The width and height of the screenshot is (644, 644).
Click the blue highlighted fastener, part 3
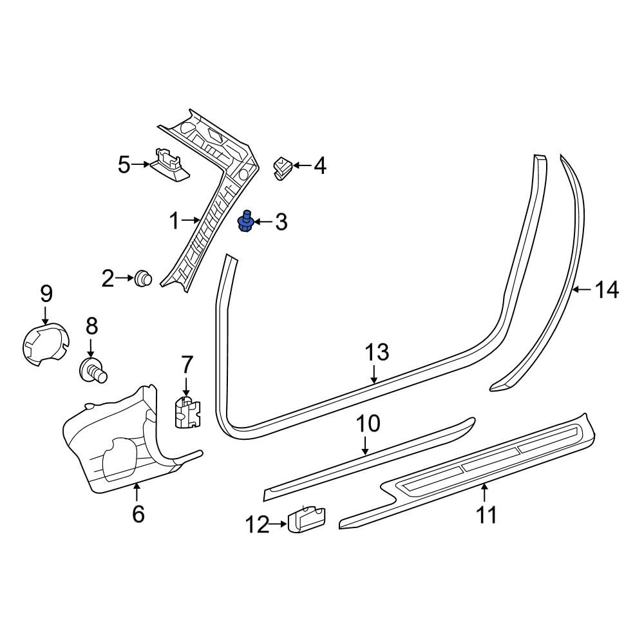pyautogui.click(x=245, y=222)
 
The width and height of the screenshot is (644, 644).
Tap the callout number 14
pyautogui.click(x=607, y=290)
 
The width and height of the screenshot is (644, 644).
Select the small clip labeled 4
pyautogui.click(x=282, y=167)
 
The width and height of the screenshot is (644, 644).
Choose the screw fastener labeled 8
pyautogui.click(x=93, y=370)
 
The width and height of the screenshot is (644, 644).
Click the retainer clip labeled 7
pyautogui.click(x=187, y=412)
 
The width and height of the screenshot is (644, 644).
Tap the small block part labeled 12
pyautogui.click(x=307, y=520)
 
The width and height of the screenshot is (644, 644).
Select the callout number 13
pyautogui.click(x=377, y=353)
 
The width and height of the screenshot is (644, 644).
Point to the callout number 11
pyautogui.click(x=487, y=515)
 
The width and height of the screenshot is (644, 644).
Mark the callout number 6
pyautogui.click(x=138, y=513)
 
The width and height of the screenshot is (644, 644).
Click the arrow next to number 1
pyautogui.click(x=191, y=220)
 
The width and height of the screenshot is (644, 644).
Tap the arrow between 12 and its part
pyautogui.click(x=279, y=524)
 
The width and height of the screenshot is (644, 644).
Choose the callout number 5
pyautogui.click(x=124, y=165)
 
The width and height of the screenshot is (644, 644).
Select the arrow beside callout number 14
pyautogui.click(x=582, y=290)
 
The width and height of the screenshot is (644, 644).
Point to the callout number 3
pyautogui.click(x=281, y=222)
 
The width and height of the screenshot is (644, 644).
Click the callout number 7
pyautogui.click(x=187, y=365)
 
